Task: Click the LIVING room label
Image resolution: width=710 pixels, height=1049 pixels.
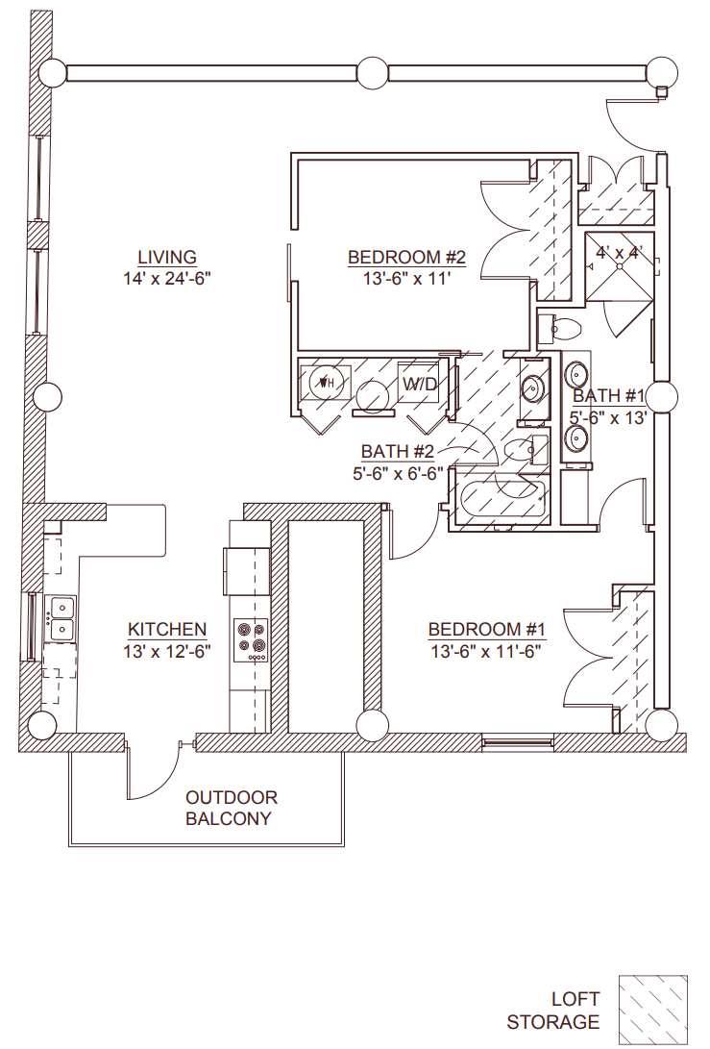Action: point(167,257)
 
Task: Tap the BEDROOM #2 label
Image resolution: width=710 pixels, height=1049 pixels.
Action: point(406,257)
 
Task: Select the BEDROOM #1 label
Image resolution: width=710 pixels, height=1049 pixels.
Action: point(487,629)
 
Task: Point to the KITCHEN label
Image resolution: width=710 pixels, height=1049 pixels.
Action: point(167,629)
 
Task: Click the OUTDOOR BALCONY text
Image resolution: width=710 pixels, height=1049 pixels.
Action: point(232,809)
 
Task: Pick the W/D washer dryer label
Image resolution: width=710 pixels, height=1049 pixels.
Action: point(420,384)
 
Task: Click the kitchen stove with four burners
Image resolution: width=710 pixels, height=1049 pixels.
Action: point(253,640)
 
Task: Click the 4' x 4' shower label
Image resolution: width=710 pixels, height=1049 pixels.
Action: point(618,254)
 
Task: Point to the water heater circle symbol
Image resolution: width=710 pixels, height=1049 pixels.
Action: point(325,383)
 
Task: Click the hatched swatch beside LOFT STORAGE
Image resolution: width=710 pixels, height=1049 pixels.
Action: point(653,1007)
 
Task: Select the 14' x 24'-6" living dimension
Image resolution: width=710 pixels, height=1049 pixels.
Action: point(167,279)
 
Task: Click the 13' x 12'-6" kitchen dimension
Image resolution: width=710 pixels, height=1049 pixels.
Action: point(167,651)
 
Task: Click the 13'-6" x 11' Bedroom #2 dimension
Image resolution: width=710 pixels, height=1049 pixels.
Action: point(406,279)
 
